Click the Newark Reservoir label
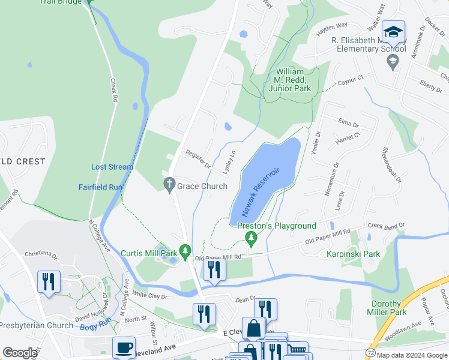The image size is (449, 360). pos(262,193)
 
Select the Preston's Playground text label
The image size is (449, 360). pos(276,226)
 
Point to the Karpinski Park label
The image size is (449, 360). pos(354,254)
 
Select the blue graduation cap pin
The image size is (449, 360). pos(394,32)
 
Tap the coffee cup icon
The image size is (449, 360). pos(124,348)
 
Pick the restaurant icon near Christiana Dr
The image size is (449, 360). pos(49,281)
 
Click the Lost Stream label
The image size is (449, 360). pos(112,167)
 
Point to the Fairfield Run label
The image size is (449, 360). pos(100,187)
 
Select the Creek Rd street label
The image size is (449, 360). pos(113,91)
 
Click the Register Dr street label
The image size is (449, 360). pos(197,159)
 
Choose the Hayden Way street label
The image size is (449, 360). pos(333,26)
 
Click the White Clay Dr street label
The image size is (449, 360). pos(149,295)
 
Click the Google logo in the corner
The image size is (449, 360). pos(20,353)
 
